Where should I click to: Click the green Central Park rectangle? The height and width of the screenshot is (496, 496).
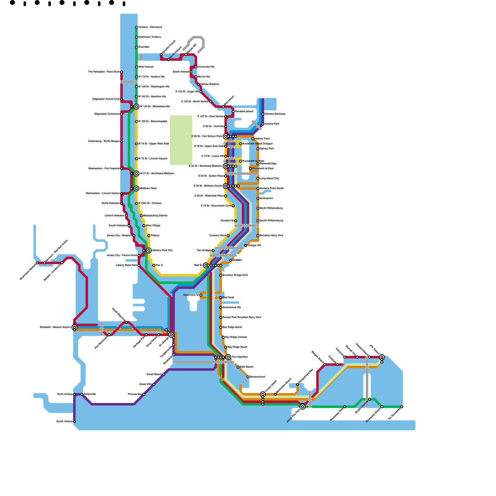(x=181, y=140)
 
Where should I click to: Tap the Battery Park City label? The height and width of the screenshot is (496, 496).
(x=162, y=250)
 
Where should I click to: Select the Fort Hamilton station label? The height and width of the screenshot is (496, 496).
(x=240, y=357)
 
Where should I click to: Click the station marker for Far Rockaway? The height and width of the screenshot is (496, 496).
(x=402, y=407)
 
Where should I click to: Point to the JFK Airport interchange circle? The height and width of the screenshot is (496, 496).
(x=382, y=357)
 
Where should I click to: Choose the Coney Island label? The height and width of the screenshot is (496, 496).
(x=271, y=386)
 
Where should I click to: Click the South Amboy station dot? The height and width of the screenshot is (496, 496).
(x=74, y=422)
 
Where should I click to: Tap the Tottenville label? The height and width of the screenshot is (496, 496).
(x=90, y=394)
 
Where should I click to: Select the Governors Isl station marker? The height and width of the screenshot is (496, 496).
(x=201, y=295)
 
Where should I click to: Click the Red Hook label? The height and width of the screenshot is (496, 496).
(x=228, y=297)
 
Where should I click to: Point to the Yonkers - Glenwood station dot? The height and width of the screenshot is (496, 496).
(x=136, y=27)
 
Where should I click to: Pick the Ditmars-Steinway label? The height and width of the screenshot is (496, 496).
(x=275, y=114)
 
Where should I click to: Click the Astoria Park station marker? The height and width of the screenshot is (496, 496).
(x=263, y=124)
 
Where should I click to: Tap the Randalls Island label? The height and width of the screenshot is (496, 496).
(x=244, y=111)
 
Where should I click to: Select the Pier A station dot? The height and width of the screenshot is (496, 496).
(x=154, y=265)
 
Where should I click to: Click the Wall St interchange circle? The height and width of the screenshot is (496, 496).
(x=206, y=265)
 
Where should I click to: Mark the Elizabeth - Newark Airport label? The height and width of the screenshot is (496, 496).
(x=55, y=327)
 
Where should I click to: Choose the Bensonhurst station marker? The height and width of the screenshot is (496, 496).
(x=248, y=377)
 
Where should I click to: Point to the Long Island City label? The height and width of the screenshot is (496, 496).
(x=269, y=178)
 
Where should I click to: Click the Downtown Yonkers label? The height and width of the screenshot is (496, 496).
(x=149, y=37)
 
